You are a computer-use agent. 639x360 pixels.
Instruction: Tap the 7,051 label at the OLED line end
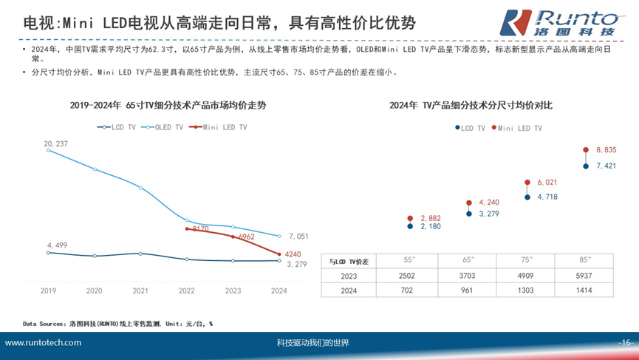(298, 237)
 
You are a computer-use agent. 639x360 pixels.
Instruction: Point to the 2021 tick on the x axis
(141, 291)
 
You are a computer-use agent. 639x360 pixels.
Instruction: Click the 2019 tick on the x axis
(49, 291)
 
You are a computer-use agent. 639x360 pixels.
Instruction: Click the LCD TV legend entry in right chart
(470, 128)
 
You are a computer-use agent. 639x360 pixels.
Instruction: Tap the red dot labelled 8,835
(586, 149)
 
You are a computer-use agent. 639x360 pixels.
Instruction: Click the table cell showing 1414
(584, 291)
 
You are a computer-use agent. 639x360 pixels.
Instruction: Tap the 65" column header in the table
(468, 261)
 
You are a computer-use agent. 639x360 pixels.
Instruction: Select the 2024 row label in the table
(349, 291)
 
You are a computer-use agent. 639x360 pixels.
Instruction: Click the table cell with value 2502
(409, 276)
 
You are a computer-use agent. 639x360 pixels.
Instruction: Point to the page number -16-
(626, 343)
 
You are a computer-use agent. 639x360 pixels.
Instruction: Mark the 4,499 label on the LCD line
(57, 245)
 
